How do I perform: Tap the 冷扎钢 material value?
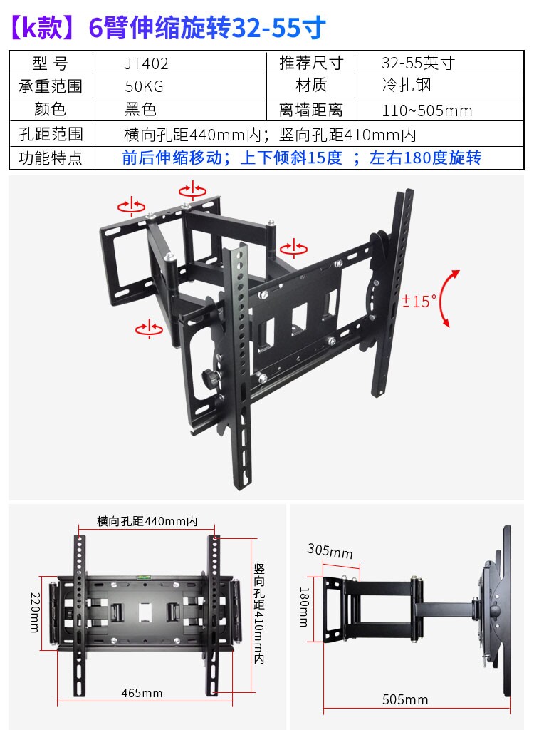click(x=406, y=86)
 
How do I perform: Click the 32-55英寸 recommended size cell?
click(x=417, y=63)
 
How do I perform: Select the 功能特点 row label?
click(x=50, y=158)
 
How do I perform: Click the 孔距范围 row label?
click(x=50, y=134)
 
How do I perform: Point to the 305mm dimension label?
click(x=330, y=551)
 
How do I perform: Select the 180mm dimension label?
click(x=304, y=607)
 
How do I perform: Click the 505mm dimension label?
click(x=405, y=699)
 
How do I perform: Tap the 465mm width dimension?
click(x=142, y=693)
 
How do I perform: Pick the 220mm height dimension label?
click(x=34, y=612)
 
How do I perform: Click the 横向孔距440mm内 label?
click(x=147, y=521)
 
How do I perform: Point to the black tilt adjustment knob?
click(x=209, y=376)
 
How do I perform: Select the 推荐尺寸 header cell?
click(x=311, y=63)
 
